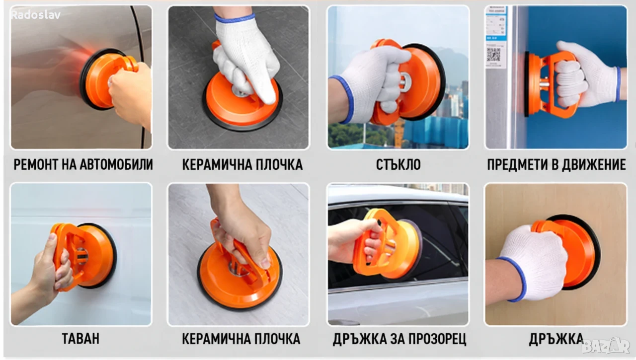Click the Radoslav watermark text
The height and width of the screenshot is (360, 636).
(x=35, y=15)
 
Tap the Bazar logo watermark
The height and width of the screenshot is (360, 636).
(x=606, y=346)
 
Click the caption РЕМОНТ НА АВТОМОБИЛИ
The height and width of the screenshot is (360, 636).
(x=83, y=164)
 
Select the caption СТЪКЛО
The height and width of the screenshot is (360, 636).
(x=398, y=164)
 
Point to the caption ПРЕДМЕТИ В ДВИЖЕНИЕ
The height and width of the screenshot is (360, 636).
(x=556, y=164)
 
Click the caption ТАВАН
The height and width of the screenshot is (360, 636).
(x=80, y=339)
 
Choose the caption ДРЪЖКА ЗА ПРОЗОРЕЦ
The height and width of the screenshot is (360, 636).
(x=399, y=339)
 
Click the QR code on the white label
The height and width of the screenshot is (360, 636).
(x=494, y=55)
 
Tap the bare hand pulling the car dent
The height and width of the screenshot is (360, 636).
(x=131, y=94)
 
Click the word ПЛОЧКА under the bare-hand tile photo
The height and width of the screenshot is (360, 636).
(x=277, y=339)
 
